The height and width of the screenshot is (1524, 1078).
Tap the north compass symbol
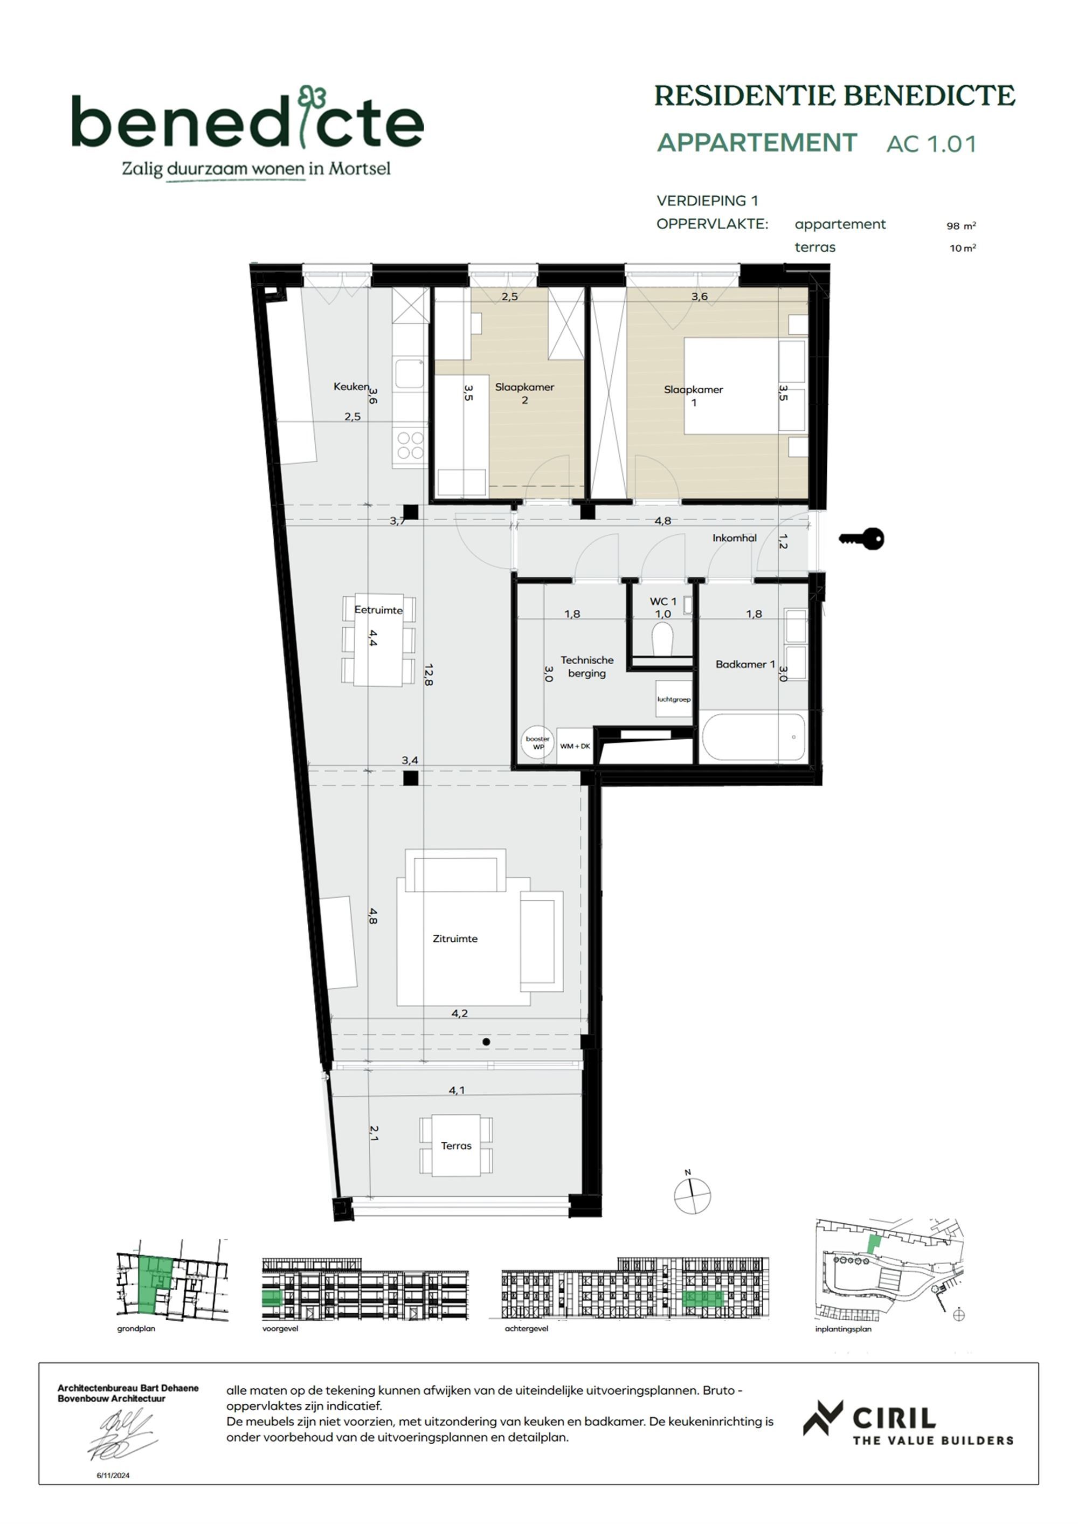pyautogui.click(x=692, y=1196)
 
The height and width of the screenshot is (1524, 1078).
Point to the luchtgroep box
pyautogui.click(x=674, y=699)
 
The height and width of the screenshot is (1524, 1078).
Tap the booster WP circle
pyautogui.click(x=538, y=743)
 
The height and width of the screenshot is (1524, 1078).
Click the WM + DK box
pyautogui.click(x=575, y=746)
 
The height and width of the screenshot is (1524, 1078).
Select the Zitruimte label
pyautogui.click(x=455, y=939)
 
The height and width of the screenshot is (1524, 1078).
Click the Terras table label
pyautogui.click(x=456, y=1146)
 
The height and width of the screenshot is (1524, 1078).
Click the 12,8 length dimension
pyautogui.click(x=428, y=674)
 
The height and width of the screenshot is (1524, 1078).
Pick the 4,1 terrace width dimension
pyautogui.click(x=457, y=1090)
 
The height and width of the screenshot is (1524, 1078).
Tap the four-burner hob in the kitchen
pyautogui.click(x=410, y=445)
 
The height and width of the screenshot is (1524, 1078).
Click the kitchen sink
pyautogui.click(x=409, y=374)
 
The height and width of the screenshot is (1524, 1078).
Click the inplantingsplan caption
pyautogui.click(x=843, y=1329)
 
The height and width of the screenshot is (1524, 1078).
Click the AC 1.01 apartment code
pyautogui.click(x=931, y=144)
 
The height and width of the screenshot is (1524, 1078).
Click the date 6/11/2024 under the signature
pyautogui.click(x=114, y=1475)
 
